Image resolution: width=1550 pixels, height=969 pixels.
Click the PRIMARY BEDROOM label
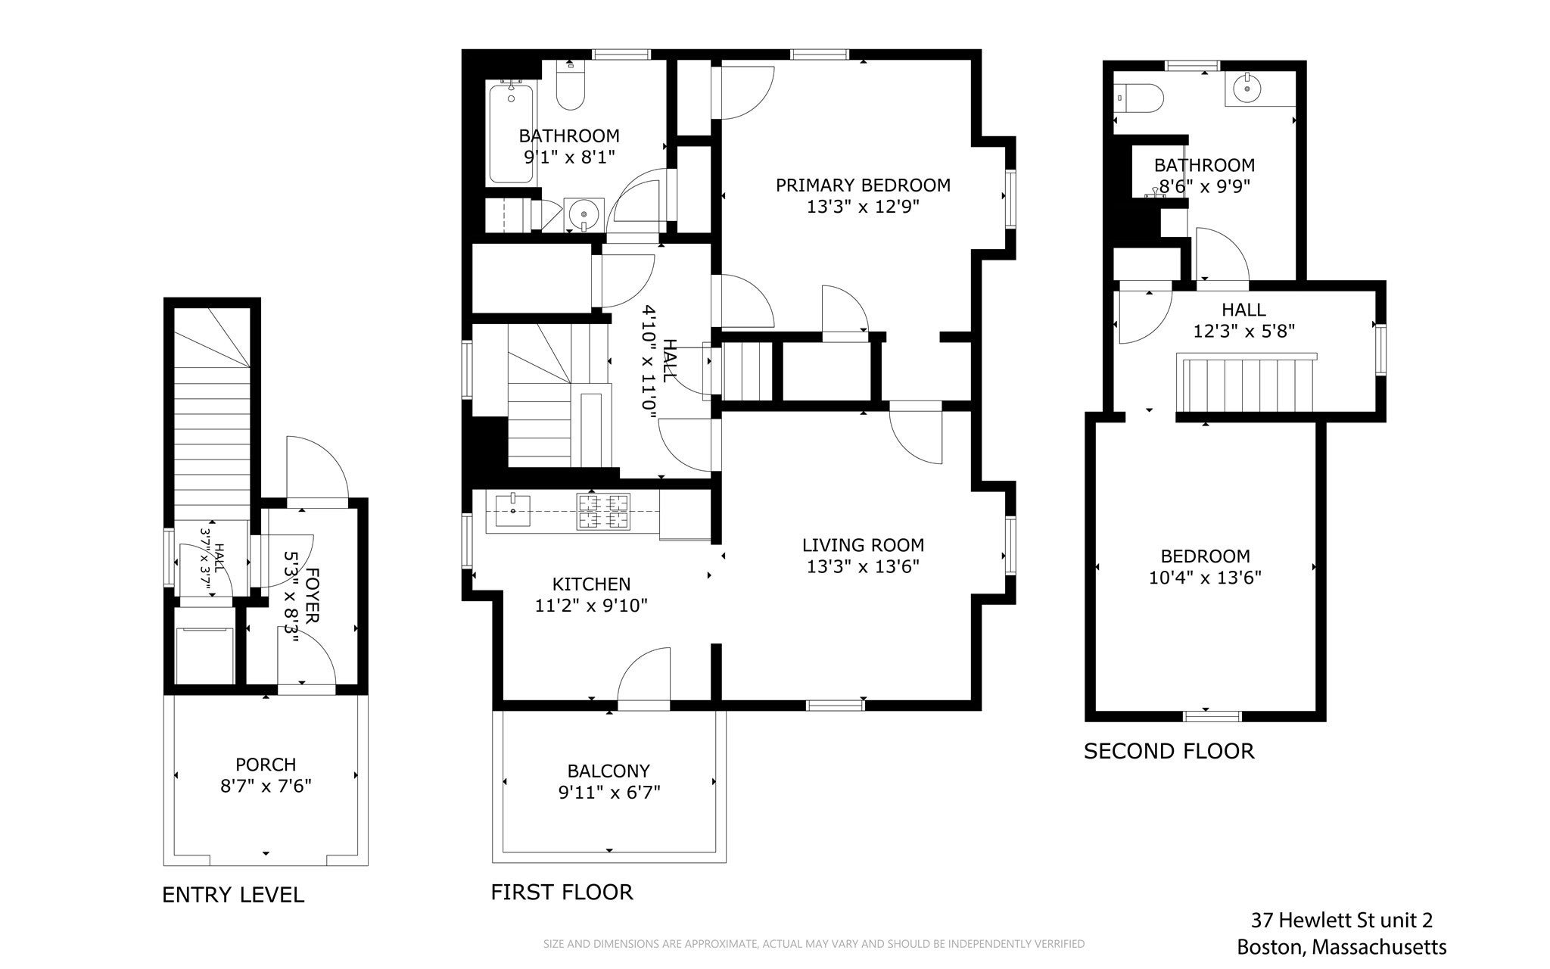pyautogui.click(x=863, y=185)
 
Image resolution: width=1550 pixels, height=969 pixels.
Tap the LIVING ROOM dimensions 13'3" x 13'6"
pyautogui.click(x=863, y=567)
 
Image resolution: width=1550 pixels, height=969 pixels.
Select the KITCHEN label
pyautogui.click(x=591, y=584)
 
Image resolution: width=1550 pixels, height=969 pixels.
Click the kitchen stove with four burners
pyautogui.click(x=603, y=511)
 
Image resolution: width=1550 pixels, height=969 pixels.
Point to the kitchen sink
pyautogui.click(x=514, y=506)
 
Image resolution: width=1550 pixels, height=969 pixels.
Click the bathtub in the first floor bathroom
pyautogui.click(x=511, y=134)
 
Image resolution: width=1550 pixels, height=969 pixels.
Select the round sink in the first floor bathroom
pyautogui.click(x=584, y=214)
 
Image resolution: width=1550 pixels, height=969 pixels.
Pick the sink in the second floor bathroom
pyautogui.click(x=1246, y=90)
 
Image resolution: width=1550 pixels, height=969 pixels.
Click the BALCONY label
pyautogui.click(x=608, y=771)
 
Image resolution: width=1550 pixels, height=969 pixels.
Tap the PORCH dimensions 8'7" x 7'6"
pyautogui.click(x=266, y=786)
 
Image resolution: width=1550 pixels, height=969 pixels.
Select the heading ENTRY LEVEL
pyautogui.click(x=233, y=895)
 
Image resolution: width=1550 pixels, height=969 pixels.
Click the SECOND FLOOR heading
pyautogui.click(x=1169, y=751)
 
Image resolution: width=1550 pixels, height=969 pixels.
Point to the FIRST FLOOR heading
pyautogui.click(x=562, y=892)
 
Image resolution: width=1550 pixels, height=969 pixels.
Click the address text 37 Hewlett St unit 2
pyautogui.click(x=1341, y=920)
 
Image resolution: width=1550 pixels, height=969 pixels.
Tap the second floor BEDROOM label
pyautogui.click(x=1205, y=556)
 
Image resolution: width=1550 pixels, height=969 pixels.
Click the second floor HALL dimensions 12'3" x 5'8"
pyautogui.click(x=1244, y=331)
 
